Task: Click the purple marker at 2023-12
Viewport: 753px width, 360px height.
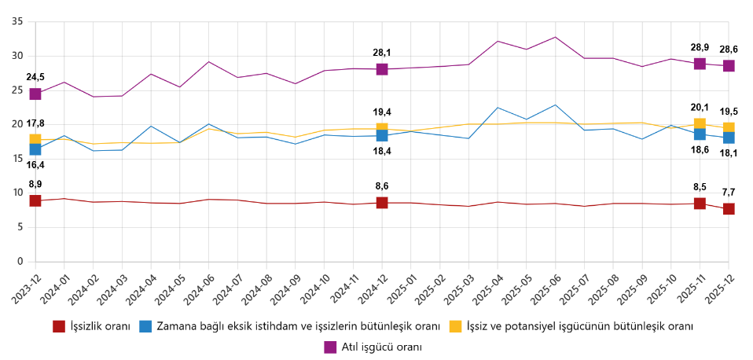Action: tap(35, 94)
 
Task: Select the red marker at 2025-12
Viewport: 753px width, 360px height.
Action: tap(729, 209)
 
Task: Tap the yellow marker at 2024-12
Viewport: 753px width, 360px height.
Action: tap(382, 129)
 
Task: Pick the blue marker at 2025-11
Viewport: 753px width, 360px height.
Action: tap(700, 134)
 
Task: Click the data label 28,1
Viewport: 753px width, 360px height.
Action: tap(382, 53)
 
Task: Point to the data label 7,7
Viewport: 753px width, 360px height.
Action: tap(729, 192)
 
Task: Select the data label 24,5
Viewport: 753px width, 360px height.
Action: tap(35, 77)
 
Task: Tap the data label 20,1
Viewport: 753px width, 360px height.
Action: tap(700, 108)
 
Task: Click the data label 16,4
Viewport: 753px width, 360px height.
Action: tap(35, 165)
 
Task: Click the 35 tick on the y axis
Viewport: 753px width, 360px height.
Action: tap(17, 21)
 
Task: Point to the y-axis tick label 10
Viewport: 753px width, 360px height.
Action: tap(17, 193)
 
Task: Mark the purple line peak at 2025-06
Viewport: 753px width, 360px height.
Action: tap(555, 37)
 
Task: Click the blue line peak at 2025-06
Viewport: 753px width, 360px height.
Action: tap(555, 105)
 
